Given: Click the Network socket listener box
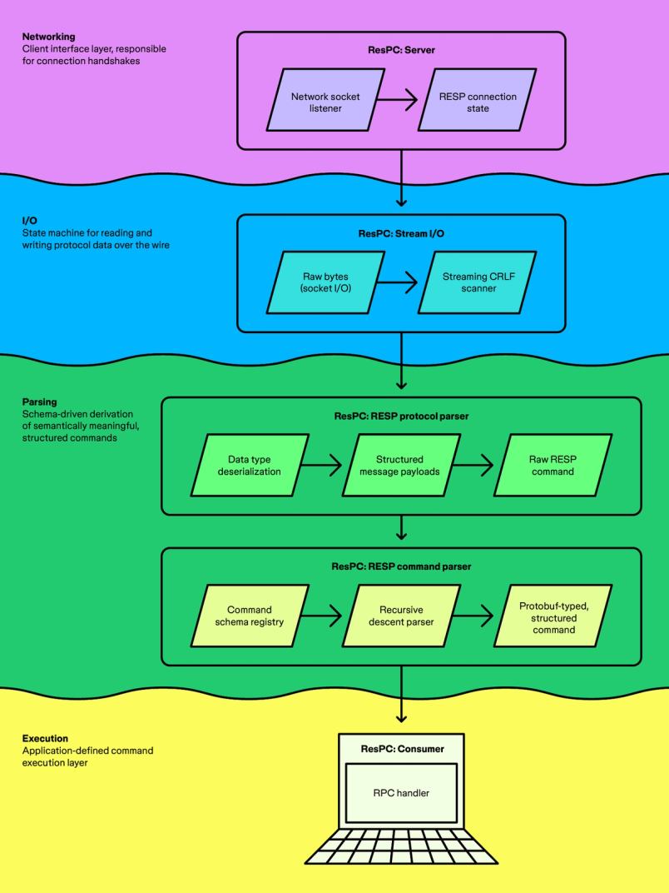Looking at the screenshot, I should click(325, 102).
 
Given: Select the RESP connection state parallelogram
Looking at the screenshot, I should click(478, 102).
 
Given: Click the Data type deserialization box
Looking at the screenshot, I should click(250, 466).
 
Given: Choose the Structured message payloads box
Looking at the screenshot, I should click(400, 466).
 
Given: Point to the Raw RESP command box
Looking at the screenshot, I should click(553, 466).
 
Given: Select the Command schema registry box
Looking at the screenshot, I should click(250, 616).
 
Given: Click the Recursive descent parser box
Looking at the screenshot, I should click(400, 616).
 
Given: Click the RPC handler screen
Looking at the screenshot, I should click(401, 793).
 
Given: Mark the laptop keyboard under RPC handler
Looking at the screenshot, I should click(401, 846).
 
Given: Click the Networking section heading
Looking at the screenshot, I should click(48, 37).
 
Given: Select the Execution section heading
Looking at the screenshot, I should click(45, 738).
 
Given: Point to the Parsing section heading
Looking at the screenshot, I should click(40, 402).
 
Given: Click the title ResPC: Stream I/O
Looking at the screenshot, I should click(401, 234).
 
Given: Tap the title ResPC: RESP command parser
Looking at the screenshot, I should click(401, 566).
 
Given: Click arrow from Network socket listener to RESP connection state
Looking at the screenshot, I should click(397, 102).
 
